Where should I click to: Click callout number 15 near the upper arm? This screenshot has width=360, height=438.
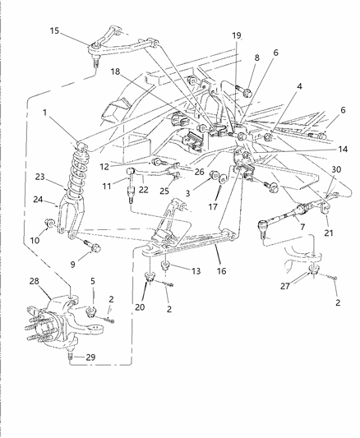click(54, 31)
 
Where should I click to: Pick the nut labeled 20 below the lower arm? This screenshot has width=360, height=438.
click(150, 284)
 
